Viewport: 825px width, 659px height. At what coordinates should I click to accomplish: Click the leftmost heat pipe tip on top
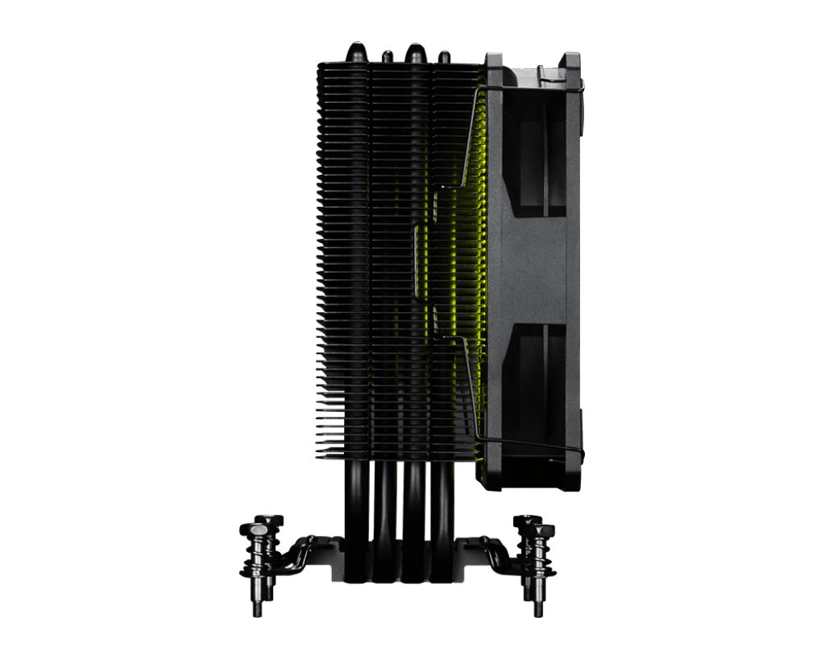pyautogui.click(x=355, y=51)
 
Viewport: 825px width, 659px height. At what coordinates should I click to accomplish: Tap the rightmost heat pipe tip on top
pyautogui.click(x=444, y=56)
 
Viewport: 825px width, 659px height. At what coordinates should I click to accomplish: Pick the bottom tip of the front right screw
pyautogui.click(x=538, y=609)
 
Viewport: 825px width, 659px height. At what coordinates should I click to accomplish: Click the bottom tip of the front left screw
pyautogui.click(x=257, y=610)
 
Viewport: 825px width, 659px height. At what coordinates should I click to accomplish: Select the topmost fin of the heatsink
pyautogui.click(x=399, y=64)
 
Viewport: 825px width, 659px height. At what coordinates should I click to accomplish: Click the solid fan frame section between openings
pyautogui.click(x=534, y=270)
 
